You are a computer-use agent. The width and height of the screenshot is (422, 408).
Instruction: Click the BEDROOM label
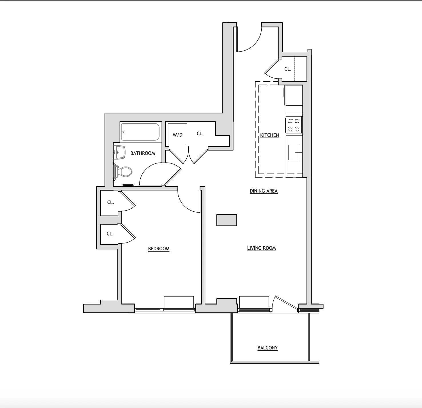159,249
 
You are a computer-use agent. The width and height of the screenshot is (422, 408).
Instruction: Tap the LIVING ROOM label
261,248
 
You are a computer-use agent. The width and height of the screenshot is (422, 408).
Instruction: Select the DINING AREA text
264,191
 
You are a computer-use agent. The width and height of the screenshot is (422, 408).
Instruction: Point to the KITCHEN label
269,135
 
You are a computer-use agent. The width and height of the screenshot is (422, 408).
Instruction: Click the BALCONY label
267,348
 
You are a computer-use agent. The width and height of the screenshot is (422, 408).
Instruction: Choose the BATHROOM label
142,153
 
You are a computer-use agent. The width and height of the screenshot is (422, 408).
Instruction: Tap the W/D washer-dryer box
177,135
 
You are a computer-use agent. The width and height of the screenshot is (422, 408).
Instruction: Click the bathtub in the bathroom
140,132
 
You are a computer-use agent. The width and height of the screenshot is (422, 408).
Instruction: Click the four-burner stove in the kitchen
294,125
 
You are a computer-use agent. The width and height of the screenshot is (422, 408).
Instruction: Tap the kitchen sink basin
294,152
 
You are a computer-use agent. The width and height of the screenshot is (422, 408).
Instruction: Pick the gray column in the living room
227,220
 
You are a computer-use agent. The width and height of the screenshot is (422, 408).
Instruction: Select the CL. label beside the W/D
200,133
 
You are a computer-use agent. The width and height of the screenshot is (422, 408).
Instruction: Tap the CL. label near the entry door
288,69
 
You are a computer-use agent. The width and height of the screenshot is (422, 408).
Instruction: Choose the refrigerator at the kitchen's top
294,95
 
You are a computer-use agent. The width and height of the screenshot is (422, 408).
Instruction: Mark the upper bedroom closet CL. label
111,202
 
